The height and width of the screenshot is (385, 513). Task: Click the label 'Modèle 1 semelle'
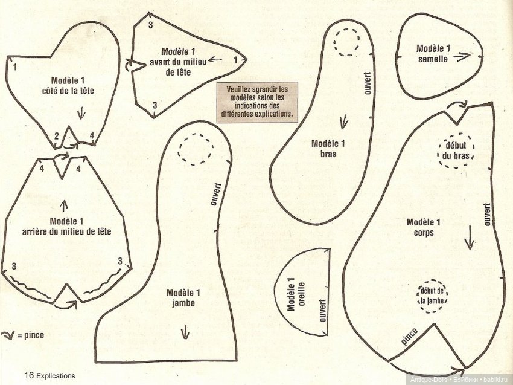tap(433, 53)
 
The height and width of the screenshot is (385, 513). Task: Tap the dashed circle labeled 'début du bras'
tap(456, 150)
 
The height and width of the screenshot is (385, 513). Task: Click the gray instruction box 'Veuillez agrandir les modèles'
tap(259, 100)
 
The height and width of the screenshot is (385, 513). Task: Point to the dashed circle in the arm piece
tap(348, 42)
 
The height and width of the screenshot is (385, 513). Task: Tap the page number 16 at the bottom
tap(28, 375)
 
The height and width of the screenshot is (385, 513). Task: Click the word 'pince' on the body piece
tap(409, 336)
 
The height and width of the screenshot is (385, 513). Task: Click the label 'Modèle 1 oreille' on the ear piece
tap(294, 294)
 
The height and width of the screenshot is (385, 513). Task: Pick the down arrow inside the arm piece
tap(345, 122)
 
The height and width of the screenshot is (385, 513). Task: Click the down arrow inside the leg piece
tap(183, 331)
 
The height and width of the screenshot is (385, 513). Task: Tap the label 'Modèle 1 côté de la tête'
tap(72, 85)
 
